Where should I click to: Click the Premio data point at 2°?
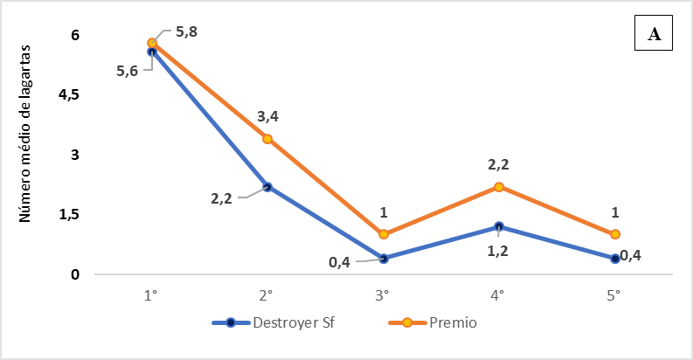267,139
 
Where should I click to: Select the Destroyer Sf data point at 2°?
267,187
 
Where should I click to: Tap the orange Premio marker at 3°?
382,234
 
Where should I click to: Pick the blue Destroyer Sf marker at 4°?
497,226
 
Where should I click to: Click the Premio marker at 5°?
614,234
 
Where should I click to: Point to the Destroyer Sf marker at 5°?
614,259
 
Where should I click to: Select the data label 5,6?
128,72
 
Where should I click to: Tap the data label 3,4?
267,117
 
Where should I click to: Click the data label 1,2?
497,252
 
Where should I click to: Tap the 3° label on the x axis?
382,294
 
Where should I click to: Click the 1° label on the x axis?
151,294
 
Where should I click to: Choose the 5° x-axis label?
613,294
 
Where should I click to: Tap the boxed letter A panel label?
655,35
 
